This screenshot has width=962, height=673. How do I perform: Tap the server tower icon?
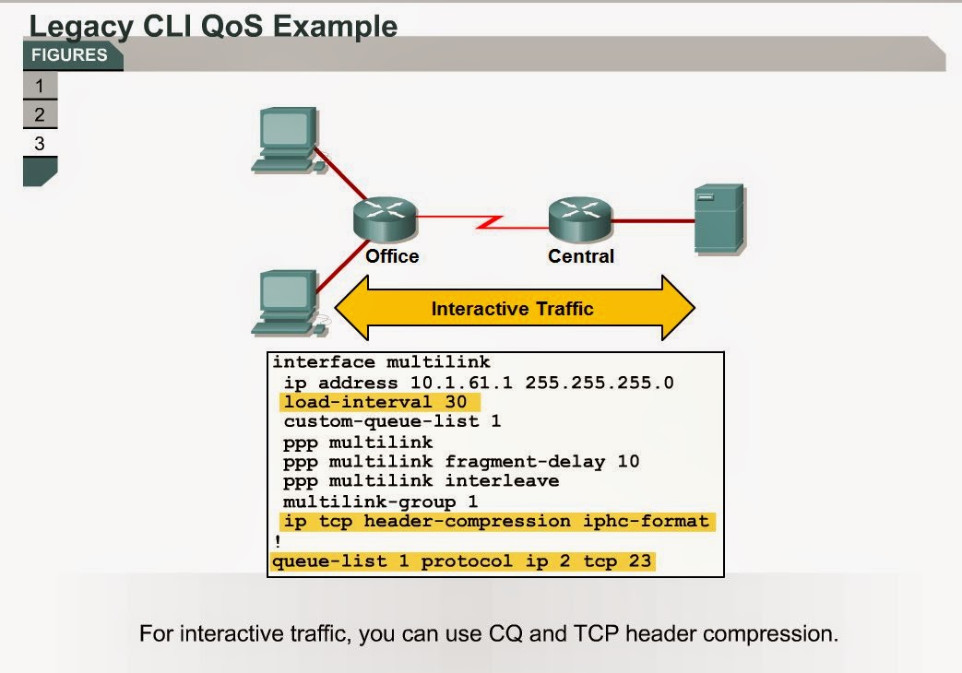(719, 218)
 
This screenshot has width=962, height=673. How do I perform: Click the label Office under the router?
(392, 256)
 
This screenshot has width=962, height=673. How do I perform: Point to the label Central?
(581, 256)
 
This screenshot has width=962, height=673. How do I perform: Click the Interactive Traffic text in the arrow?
(513, 309)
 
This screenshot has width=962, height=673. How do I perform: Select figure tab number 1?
(40, 87)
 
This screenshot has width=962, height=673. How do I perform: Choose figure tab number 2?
(40, 115)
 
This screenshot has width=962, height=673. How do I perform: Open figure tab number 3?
(40, 144)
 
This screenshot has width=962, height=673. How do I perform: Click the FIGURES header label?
(69, 55)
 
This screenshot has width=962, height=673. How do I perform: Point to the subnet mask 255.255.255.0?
(600, 382)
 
